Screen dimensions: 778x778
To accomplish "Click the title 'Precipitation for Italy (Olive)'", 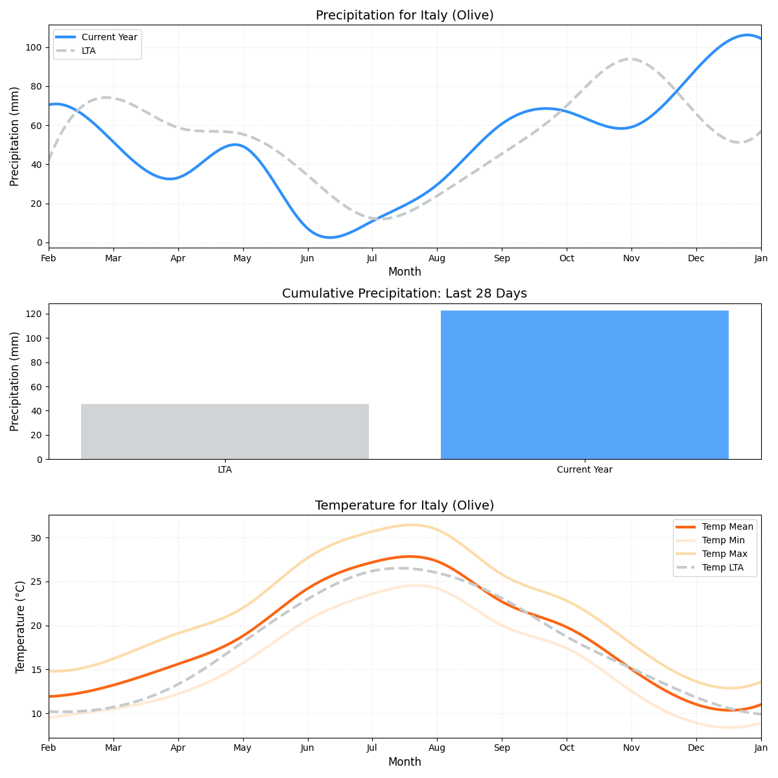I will tap(405, 16).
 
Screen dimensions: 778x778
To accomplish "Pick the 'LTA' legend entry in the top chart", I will tap(88, 51).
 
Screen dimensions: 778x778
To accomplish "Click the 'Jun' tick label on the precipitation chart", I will tap(307, 259).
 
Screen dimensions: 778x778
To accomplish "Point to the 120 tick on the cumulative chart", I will tap(34, 314).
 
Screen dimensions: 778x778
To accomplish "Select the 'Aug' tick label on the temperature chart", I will tap(437, 749).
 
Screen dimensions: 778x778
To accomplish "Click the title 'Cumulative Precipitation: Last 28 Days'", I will tap(405, 294).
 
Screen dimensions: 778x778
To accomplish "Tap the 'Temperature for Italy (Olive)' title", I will tap(405, 506).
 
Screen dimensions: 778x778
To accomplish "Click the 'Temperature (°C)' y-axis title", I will tap(20, 626).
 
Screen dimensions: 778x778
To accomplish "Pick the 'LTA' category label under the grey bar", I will tap(225, 470).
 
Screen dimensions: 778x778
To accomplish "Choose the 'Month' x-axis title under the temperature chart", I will tap(405, 762).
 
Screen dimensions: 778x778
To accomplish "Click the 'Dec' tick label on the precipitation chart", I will tap(696, 259).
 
